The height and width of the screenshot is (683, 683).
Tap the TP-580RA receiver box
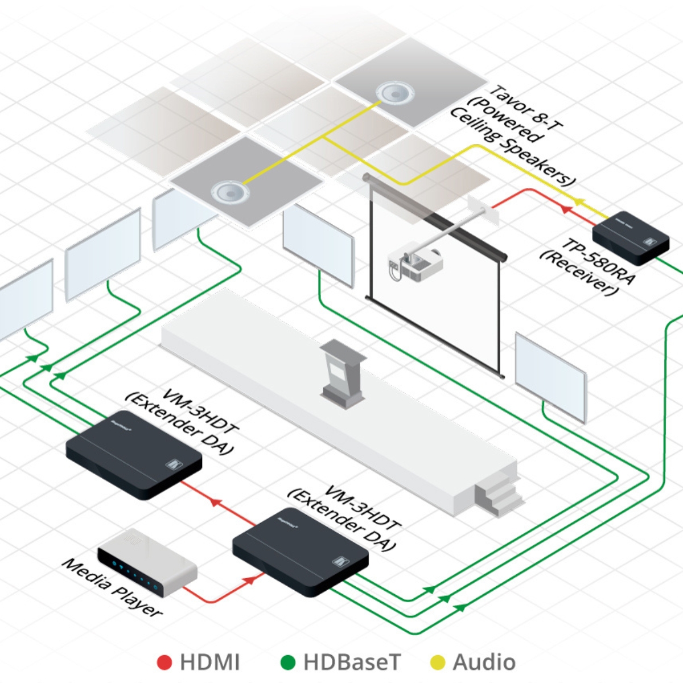(631, 238)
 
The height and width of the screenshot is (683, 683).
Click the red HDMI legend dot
(164, 663)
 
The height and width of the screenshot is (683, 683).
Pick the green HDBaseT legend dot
(289, 663)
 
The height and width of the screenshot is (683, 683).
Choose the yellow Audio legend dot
(438, 663)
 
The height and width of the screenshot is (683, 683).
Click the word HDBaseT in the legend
(352, 663)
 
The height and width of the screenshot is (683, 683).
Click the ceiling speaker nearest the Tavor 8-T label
(392, 92)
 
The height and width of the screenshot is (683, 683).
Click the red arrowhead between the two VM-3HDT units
(215, 501)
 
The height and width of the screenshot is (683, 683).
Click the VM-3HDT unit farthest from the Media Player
(134, 453)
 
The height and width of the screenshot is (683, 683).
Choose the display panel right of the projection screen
(550, 376)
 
